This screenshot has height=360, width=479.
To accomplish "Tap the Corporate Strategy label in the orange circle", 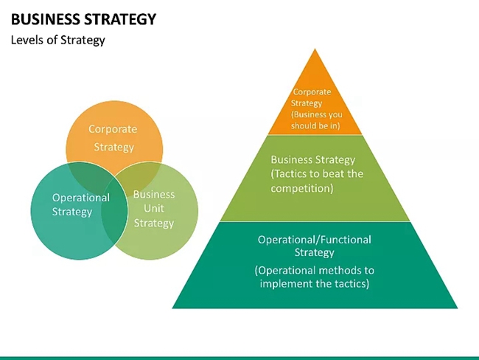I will [113, 138].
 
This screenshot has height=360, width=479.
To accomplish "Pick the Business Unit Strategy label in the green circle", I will [154, 209].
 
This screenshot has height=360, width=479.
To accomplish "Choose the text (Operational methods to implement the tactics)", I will [315, 277].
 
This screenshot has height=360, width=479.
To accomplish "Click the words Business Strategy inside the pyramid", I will [313, 159].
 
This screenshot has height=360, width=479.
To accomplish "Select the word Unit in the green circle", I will [154, 209].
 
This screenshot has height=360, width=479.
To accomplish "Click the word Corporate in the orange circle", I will [113, 129].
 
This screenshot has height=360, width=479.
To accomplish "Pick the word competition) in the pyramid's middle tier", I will [302, 188].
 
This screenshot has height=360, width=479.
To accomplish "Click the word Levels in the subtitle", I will [27, 40].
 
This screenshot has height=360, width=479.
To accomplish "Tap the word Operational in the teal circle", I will [80, 198].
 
